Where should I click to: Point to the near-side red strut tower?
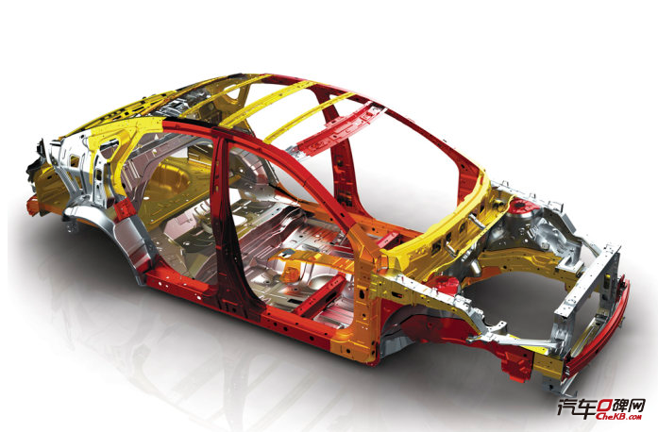click(446, 284)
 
